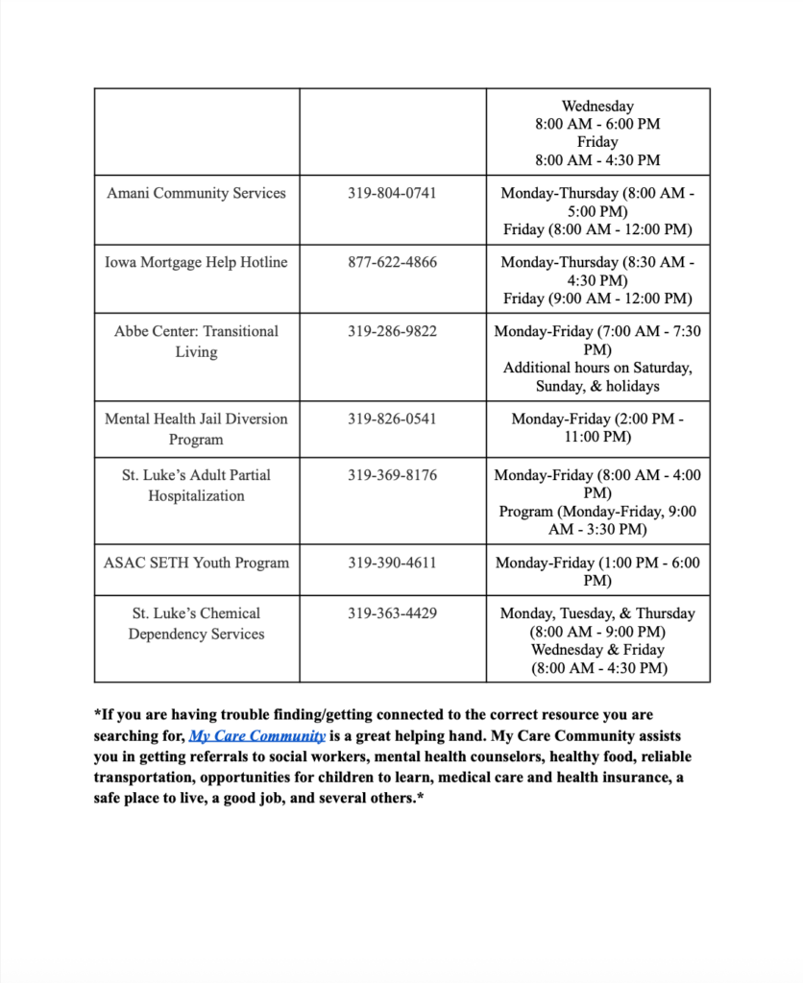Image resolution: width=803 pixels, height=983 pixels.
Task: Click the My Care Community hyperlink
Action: tap(257, 736)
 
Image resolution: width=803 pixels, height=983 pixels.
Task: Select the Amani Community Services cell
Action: tap(196, 193)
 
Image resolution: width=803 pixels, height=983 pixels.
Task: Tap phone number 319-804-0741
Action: tap(392, 193)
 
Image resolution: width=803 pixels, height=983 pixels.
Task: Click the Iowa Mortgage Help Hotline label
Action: tap(196, 262)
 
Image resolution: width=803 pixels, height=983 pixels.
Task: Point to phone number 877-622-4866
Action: tap(392, 262)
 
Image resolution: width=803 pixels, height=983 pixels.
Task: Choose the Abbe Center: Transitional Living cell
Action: tap(196, 342)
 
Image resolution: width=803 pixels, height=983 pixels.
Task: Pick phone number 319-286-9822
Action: tap(392, 331)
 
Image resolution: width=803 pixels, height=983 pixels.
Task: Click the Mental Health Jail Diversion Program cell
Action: tap(196, 429)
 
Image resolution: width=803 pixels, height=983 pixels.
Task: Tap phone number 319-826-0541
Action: tap(392, 419)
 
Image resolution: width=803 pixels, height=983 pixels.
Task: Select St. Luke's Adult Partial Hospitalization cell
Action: tap(196, 485)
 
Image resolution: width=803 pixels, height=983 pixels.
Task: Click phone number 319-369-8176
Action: tap(392, 474)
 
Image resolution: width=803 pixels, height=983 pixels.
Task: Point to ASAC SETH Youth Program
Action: tap(196, 563)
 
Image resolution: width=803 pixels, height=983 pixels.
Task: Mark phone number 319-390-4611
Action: tap(392, 563)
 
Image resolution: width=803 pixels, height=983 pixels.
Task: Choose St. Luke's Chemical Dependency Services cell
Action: tap(196, 623)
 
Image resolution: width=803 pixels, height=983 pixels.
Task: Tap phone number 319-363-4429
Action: tap(392, 612)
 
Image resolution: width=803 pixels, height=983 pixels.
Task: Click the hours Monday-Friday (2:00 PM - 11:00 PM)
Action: tap(597, 428)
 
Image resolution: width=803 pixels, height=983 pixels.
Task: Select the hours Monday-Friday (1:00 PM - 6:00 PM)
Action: tap(597, 572)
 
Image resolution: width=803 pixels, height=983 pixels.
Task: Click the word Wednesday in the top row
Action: tap(597, 107)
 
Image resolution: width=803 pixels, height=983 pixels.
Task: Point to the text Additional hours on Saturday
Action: tap(597, 368)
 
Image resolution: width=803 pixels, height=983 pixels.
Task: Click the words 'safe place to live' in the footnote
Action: tap(155, 797)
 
